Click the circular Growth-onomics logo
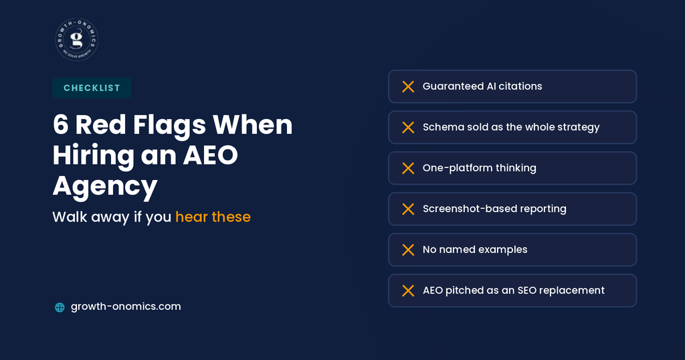point(77,39)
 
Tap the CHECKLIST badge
point(92,88)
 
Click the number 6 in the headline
point(61,125)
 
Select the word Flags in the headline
point(169,126)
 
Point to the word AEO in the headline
point(211,155)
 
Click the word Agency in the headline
point(105,187)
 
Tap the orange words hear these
point(213,217)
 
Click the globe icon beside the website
point(60,307)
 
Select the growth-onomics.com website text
point(126,306)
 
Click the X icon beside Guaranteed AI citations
point(408,86)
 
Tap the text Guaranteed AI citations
point(482,86)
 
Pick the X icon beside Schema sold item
point(408,127)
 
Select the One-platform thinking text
point(479,168)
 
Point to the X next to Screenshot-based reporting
point(408,209)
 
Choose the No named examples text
point(475,250)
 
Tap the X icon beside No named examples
point(408,250)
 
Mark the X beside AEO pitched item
point(408,290)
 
